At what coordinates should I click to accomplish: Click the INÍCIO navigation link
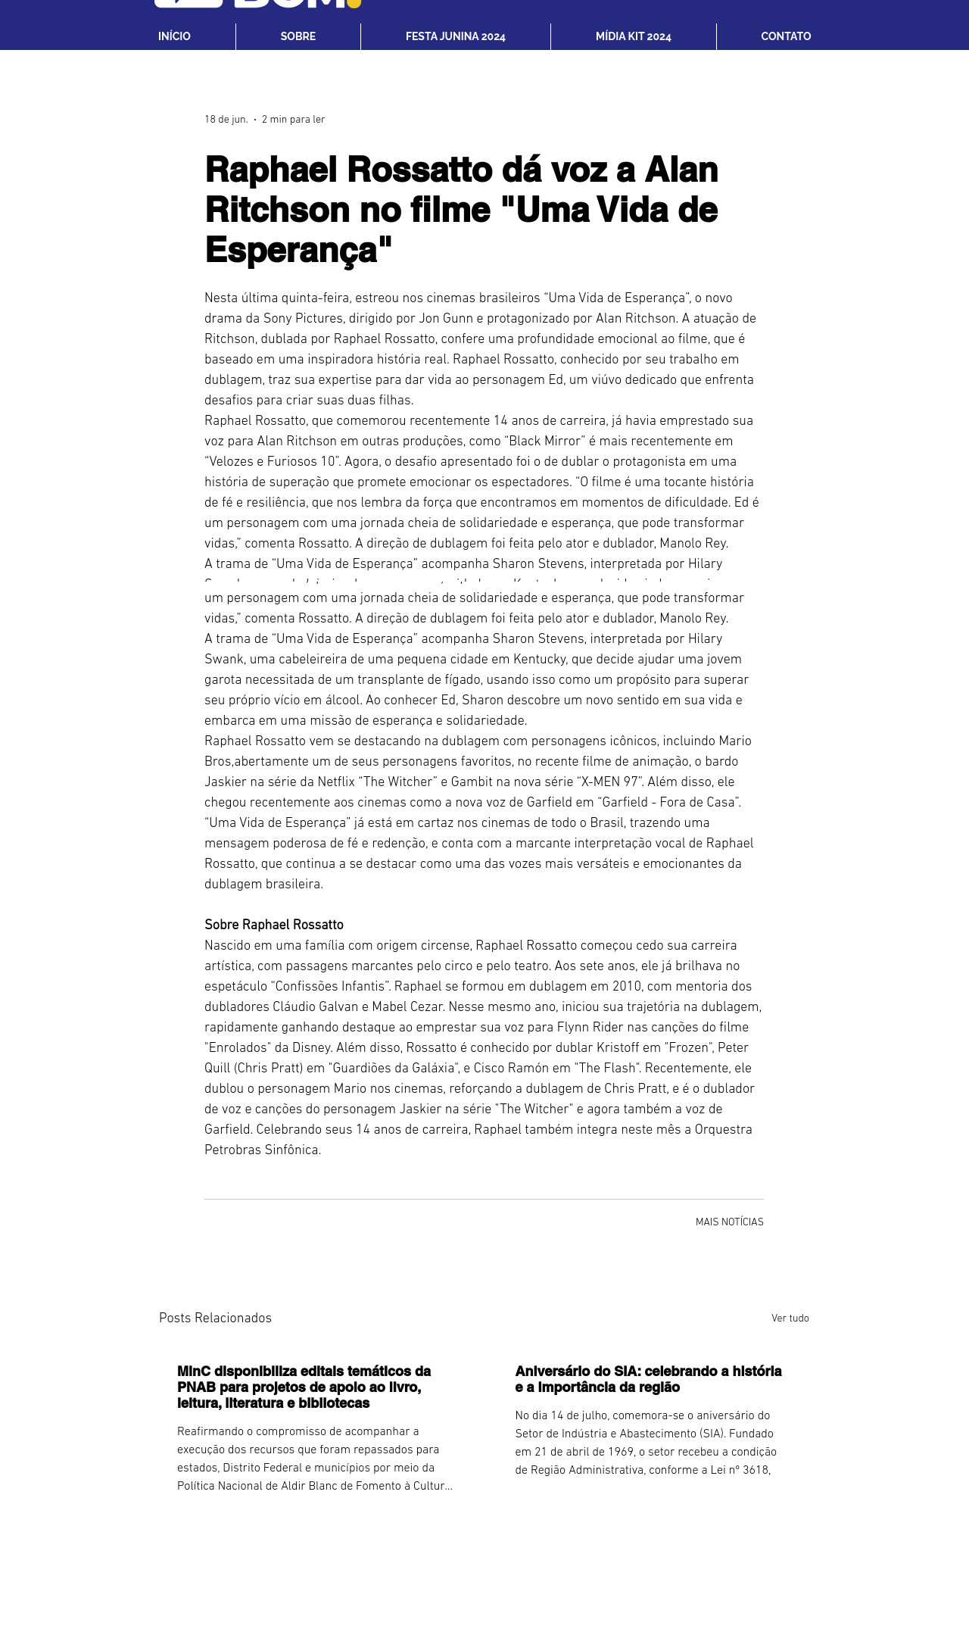(x=174, y=36)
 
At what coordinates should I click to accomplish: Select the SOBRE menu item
(x=298, y=36)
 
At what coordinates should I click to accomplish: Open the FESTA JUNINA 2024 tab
(x=455, y=36)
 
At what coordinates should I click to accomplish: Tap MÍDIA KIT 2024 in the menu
(x=633, y=36)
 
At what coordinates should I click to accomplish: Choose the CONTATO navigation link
(x=786, y=36)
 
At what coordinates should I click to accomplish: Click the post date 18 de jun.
(x=226, y=120)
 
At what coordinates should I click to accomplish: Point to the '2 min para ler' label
(x=293, y=120)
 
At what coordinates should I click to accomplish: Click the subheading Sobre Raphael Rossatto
(x=274, y=925)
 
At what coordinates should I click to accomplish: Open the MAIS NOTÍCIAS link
(x=729, y=1222)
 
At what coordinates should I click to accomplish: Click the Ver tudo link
(x=790, y=1318)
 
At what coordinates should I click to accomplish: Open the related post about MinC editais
(x=304, y=1387)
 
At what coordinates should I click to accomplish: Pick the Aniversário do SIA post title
(x=648, y=1379)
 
